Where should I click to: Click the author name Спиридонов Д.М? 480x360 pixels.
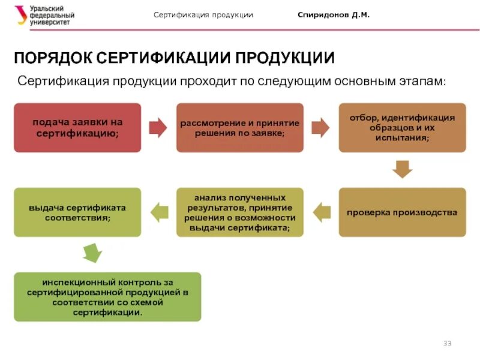(334, 15)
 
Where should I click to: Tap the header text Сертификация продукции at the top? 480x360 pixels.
(203, 15)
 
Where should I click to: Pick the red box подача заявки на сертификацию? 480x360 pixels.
(77, 127)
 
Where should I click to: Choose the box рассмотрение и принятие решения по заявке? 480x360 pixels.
(239, 127)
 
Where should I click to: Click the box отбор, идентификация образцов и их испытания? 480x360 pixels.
(402, 127)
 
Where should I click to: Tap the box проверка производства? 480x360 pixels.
(402, 212)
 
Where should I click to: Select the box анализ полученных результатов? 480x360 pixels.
(239, 212)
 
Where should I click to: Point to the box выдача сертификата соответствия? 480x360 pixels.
(77, 212)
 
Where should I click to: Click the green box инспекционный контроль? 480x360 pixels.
(107, 296)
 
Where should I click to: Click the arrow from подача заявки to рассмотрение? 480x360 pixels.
(158, 127)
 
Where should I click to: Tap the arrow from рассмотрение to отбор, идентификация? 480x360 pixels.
(321, 127)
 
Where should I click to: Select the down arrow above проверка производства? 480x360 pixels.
(402, 169)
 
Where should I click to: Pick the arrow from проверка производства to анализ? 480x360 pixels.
(322, 211)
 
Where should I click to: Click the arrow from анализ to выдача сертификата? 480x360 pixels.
(159, 211)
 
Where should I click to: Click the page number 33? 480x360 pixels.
(447, 343)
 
